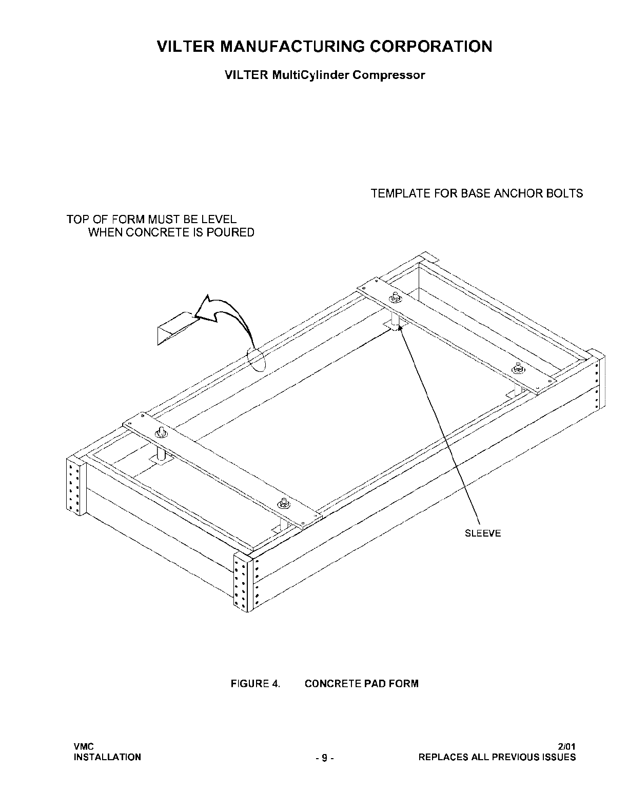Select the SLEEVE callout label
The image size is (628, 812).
[482, 533]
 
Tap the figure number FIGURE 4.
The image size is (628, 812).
[256, 684]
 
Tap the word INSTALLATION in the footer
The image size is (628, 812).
[107, 757]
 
